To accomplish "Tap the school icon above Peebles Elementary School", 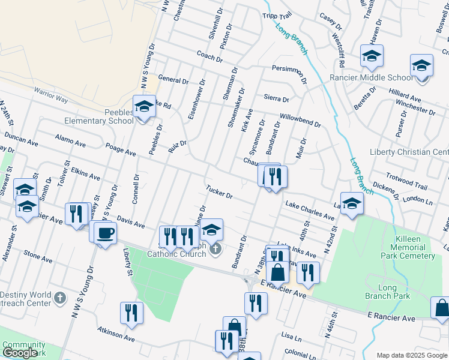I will (x=144, y=107).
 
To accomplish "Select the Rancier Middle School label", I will (x=372, y=77).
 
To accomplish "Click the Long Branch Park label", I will (x=387, y=292).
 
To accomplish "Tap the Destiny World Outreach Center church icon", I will (x=59, y=297).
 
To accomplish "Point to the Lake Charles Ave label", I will (x=310, y=210).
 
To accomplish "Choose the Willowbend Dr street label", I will (x=300, y=121).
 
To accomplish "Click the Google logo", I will (x=20, y=353).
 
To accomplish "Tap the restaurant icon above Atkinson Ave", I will (x=131, y=313).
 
